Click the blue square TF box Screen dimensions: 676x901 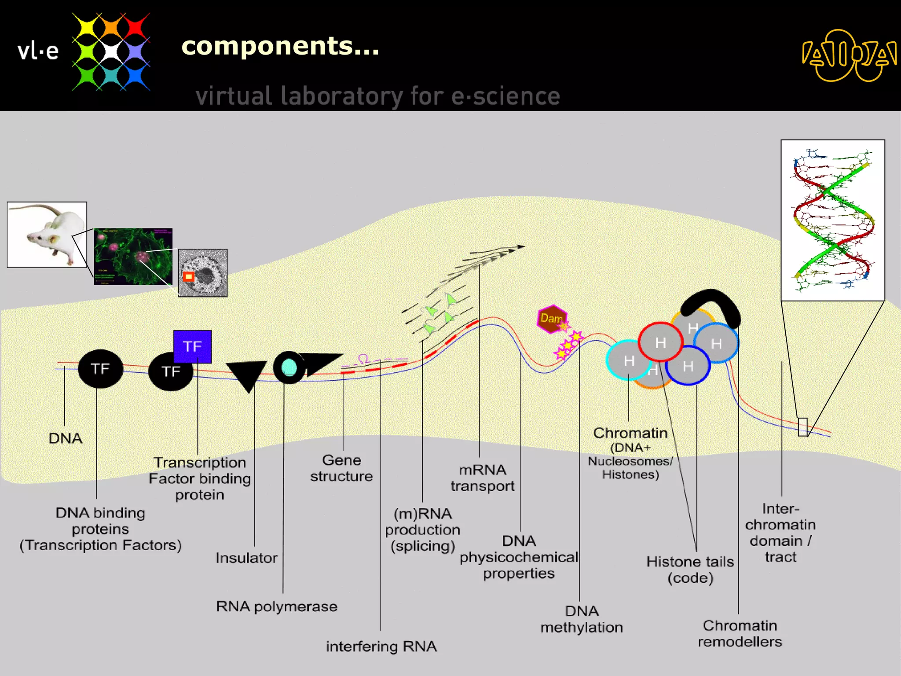pyautogui.click(x=192, y=346)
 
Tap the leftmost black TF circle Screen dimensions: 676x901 pyautogui.click(x=100, y=369)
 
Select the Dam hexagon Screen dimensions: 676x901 pyautogui.click(x=552, y=318)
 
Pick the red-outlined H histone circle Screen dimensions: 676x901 pyautogui.click(x=660, y=342)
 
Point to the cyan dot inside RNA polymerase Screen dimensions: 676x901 pyautogui.click(x=289, y=367)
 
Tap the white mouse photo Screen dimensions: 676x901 pyautogui.click(x=47, y=235)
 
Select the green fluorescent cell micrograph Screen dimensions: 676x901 pyautogui.click(x=133, y=257)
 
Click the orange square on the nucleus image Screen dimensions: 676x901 pyautogui.click(x=189, y=276)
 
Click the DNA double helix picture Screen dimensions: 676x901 pyautogui.click(x=832, y=220)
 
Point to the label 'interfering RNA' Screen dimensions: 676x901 pyautogui.click(x=381, y=646)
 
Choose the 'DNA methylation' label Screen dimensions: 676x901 pyautogui.click(x=582, y=619)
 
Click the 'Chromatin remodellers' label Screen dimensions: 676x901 pyautogui.click(x=740, y=633)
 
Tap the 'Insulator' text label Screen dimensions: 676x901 pyautogui.click(x=246, y=558)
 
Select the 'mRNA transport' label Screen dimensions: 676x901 pyautogui.click(x=482, y=478)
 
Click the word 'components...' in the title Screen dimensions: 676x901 pyautogui.click(x=280, y=46)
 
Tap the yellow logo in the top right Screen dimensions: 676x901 pyautogui.click(x=849, y=55)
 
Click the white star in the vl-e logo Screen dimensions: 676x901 pyautogui.click(x=111, y=51)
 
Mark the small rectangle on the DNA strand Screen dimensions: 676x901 pyautogui.click(x=802, y=427)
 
